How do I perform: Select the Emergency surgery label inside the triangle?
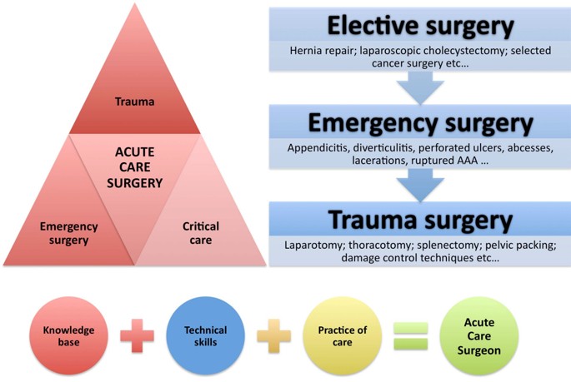coord(69,233)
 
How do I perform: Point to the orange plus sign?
coord(273,336)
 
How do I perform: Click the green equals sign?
coord(410,336)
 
